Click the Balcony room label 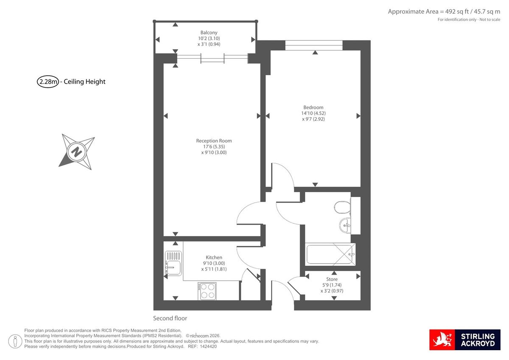209,33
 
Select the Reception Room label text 214,141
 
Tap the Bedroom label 313,107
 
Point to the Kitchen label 214,258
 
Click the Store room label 332,279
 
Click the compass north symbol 76,151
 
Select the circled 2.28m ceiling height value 48,82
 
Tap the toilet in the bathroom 342,208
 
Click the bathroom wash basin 346,225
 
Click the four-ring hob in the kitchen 207,291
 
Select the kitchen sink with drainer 173,263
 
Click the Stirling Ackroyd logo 465,340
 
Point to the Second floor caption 170,318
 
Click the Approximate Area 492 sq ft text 444,11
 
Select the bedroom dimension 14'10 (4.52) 313,113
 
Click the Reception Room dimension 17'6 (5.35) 214,147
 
